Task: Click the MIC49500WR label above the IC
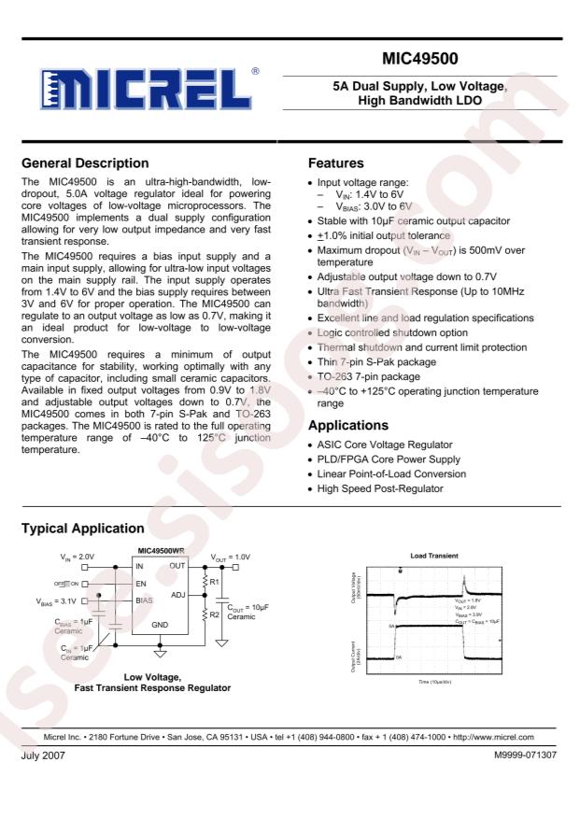(162, 551)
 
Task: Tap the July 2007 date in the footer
(39, 754)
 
